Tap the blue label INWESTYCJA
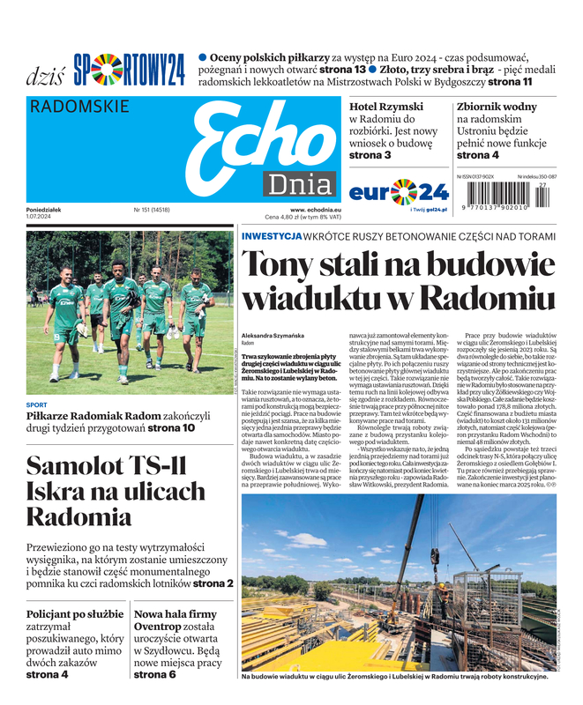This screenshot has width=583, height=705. point(272,236)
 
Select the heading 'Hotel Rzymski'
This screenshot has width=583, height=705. point(386,107)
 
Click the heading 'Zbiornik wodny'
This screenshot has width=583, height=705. point(497,107)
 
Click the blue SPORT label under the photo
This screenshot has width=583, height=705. point(37,405)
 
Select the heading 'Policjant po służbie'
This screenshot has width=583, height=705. point(75,613)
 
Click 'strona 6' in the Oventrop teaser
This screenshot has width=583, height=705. point(154,674)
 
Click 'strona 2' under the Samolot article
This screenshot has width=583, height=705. point(213,583)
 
